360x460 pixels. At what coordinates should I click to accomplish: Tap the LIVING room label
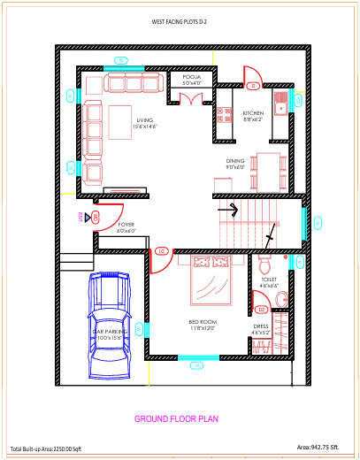[x=145, y=124]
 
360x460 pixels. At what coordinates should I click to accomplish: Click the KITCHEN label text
[x=253, y=115]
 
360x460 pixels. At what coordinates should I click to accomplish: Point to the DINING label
[x=234, y=164]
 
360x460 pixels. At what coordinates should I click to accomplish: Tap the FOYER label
[x=126, y=227]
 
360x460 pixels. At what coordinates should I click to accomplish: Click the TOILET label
[x=269, y=282]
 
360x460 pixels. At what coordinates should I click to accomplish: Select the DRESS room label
[x=261, y=328]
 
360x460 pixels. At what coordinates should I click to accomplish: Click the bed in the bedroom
[x=211, y=283]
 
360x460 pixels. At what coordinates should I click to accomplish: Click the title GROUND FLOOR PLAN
[x=177, y=418]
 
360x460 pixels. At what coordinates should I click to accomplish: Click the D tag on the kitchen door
[x=252, y=86]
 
